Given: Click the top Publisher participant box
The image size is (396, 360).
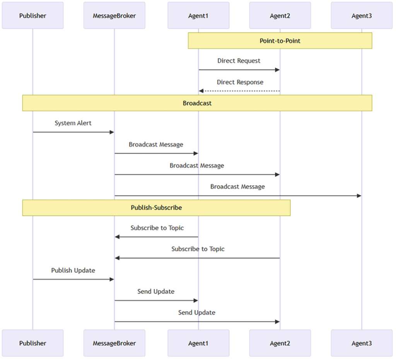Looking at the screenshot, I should (x=32, y=16).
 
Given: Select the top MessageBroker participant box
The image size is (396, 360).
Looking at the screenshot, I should (x=114, y=16).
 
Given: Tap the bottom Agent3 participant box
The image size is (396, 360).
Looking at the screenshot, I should (x=362, y=343).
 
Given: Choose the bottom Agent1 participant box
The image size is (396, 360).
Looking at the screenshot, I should (x=198, y=343).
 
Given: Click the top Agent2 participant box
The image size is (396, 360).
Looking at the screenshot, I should (x=280, y=16).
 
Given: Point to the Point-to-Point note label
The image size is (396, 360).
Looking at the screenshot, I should (x=280, y=41).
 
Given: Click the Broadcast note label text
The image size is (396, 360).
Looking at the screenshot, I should (x=197, y=103).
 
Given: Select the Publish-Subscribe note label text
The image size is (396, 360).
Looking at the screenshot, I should (x=156, y=208).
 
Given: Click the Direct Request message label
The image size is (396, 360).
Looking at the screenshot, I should (x=239, y=61).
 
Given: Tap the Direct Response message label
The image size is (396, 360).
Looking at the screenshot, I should (x=240, y=82).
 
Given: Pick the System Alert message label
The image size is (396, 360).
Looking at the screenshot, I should (x=73, y=123).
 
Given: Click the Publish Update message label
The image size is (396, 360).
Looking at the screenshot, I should (x=73, y=270).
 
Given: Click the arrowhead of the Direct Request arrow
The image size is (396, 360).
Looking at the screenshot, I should (x=277, y=70).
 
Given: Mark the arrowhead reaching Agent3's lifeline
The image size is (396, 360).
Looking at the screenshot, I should (x=359, y=196).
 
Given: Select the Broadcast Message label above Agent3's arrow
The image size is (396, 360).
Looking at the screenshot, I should (x=237, y=187).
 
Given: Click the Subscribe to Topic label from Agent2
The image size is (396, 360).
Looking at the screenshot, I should (x=198, y=249).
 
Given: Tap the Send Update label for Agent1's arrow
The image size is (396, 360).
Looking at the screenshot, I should (x=156, y=292).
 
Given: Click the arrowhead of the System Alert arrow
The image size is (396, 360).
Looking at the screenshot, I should (x=112, y=132).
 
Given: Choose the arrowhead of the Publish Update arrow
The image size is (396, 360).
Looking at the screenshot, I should (x=112, y=279).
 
